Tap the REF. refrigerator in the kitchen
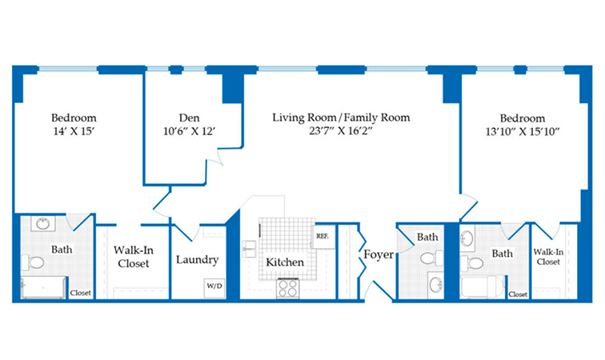323,237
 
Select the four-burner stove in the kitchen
288,288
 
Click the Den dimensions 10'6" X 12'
189,131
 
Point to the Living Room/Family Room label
341,118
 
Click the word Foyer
379,254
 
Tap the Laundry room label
197,260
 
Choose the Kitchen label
285,262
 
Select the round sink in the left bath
43,223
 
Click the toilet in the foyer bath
432,258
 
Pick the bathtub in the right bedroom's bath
483,287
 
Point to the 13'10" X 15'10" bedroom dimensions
523,131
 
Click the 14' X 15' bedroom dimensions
74,131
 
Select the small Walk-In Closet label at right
548,257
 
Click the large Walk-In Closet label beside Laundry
134,257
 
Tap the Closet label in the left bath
81,293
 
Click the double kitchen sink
249,249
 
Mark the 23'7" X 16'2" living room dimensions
341,131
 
